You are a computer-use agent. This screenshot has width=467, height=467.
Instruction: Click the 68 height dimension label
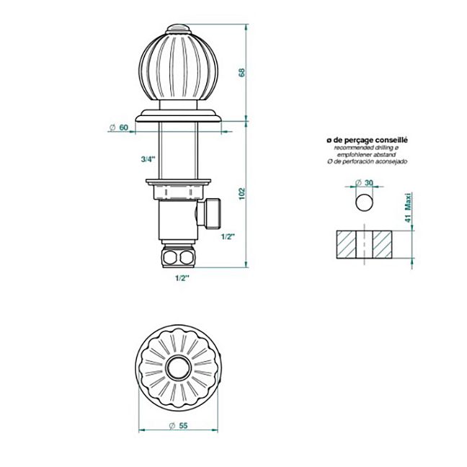pyautogui.click(x=242, y=72)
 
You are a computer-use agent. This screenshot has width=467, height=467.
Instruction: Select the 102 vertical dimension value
pyautogui.click(x=242, y=194)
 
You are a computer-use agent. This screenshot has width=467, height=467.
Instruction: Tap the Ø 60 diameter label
pyautogui.click(x=118, y=128)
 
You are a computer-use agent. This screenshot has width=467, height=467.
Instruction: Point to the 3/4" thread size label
pyautogui.click(x=148, y=159)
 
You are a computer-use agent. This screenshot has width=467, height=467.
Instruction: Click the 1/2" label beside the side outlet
pyautogui.click(x=228, y=237)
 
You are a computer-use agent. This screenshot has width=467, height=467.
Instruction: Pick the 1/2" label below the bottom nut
pyautogui.click(x=182, y=278)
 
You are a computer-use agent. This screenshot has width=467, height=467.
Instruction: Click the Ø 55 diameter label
pyautogui.click(x=178, y=426)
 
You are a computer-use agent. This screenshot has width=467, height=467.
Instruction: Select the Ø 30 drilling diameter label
pyautogui.click(x=364, y=182)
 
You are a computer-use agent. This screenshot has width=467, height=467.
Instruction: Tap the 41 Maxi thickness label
pyautogui.click(x=408, y=208)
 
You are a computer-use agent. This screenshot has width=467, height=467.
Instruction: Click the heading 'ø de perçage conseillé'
pyautogui.click(x=367, y=140)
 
